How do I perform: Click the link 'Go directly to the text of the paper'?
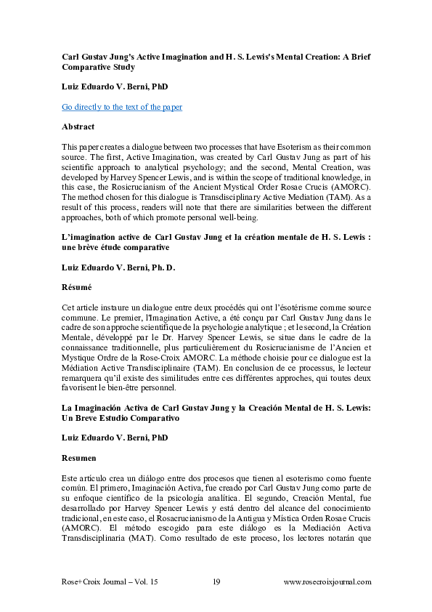coord(121,107)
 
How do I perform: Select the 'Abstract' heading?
coord(78,126)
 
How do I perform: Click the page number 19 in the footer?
coord(216,581)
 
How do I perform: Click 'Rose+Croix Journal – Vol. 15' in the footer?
coord(110,581)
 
